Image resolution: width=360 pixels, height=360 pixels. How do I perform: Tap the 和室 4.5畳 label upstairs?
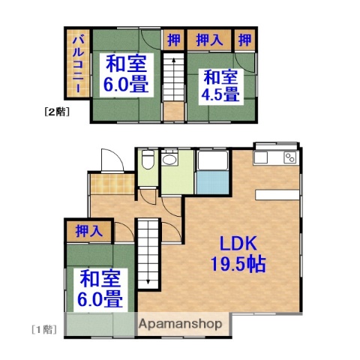point(220,85)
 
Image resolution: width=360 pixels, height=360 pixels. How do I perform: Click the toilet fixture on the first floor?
point(148,160)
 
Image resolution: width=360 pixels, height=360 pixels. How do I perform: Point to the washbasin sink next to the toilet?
point(169,158)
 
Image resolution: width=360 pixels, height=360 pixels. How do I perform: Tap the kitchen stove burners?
point(287,158)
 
